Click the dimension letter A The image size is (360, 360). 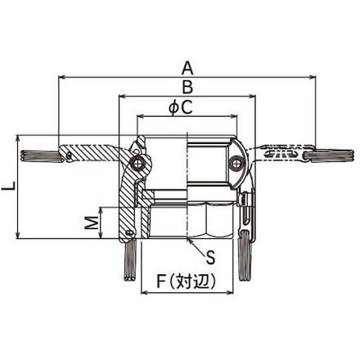click(x=187, y=68)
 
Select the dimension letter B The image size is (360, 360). click(x=187, y=88)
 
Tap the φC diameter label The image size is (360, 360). click(x=181, y=107)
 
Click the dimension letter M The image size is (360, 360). click(x=92, y=223)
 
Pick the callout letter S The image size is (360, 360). click(x=210, y=258)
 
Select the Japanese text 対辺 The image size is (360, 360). click(x=194, y=281)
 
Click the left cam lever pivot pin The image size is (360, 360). click(x=138, y=163)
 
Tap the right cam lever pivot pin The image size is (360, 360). click(x=235, y=163)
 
